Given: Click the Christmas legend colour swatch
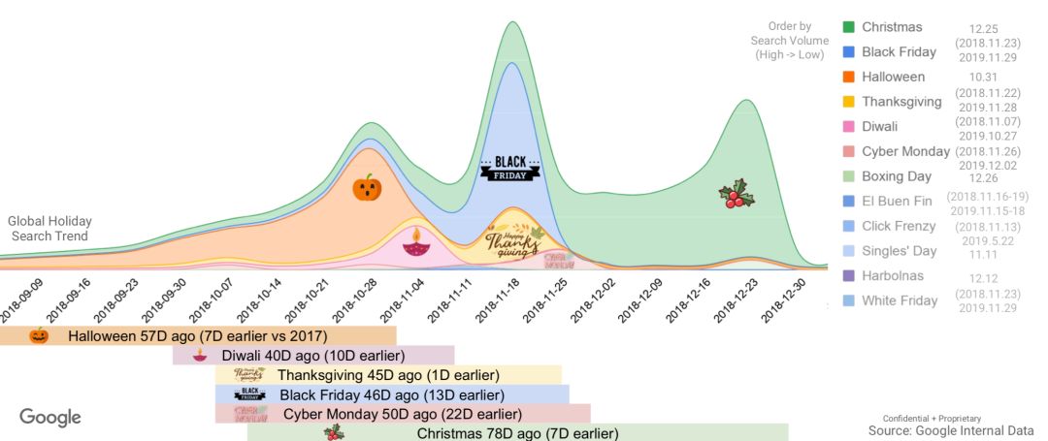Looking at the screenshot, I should pos(848,27).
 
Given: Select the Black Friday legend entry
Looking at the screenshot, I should pos(899,52).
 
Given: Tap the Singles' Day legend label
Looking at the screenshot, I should pos(899,251).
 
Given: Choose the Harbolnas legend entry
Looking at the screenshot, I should pos(893,276).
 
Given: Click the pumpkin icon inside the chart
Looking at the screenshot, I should pos(367,187).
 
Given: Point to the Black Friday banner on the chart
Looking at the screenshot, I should pos(509,168).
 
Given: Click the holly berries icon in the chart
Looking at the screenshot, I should pos(737,194).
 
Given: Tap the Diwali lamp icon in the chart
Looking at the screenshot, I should pos(415,242).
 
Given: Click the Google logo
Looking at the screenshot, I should pos(50,418).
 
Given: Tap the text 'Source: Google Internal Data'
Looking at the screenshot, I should pos(951,429).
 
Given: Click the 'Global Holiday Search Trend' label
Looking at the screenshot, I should pos(49,229).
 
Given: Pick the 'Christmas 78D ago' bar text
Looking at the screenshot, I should pos(517,433).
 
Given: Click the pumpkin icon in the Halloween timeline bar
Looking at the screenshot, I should pos(39,335).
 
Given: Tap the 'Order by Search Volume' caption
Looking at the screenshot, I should pos(789,41).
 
